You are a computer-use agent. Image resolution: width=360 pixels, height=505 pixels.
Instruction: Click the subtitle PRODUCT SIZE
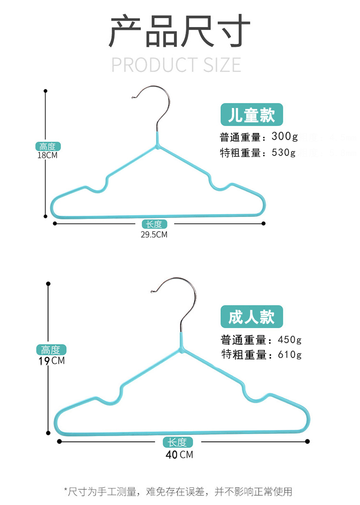176,65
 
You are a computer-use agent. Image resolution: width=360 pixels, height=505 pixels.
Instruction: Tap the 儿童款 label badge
251,115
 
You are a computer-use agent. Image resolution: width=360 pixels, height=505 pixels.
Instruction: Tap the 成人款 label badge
252,317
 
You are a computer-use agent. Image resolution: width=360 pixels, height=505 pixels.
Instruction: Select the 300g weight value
285,137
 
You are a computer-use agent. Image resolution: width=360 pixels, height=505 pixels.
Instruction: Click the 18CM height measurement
48,156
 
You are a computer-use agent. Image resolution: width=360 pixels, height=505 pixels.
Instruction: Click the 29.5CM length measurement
155,235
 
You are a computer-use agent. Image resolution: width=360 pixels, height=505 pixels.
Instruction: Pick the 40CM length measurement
179,454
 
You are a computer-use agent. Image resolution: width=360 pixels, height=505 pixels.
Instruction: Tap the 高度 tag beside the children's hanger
48,146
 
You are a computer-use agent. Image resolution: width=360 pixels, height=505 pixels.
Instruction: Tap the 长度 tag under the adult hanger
178,443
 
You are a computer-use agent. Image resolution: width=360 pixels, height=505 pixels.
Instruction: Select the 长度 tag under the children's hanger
155,224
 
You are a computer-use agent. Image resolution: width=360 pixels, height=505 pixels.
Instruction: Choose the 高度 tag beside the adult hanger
51,350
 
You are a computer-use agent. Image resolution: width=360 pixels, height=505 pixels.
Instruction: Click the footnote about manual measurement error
178,491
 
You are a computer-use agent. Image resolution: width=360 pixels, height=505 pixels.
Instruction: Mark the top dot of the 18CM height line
46,90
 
